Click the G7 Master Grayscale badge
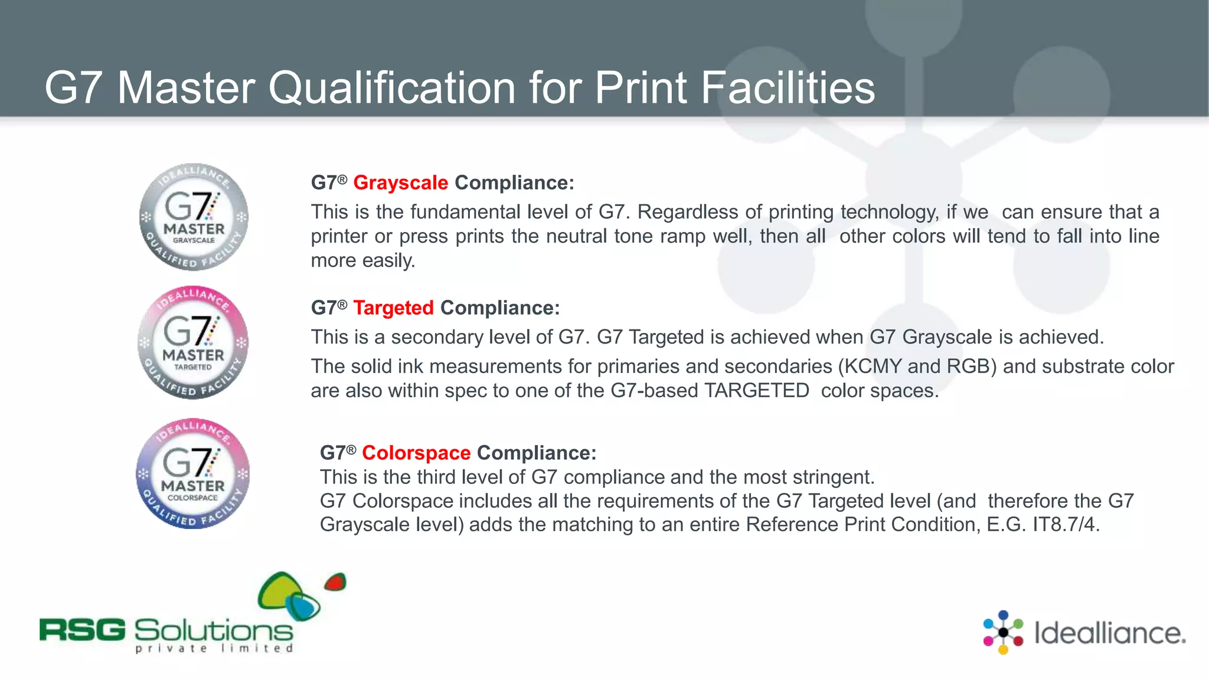tap(194, 217)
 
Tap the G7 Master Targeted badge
tap(193, 343)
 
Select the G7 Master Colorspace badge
tap(193, 474)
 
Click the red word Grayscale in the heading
tap(401, 183)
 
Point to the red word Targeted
tap(393, 308)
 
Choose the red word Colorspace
tap(416, 453)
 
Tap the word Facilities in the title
tap(788, 88)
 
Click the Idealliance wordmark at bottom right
tap(1109, 633)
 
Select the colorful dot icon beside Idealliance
tap(1003, 632)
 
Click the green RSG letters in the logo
tap(83, 630)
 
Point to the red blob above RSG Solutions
tap(335, 582)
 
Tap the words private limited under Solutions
tap(214, 649)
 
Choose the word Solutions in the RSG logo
tap(214, 631)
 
